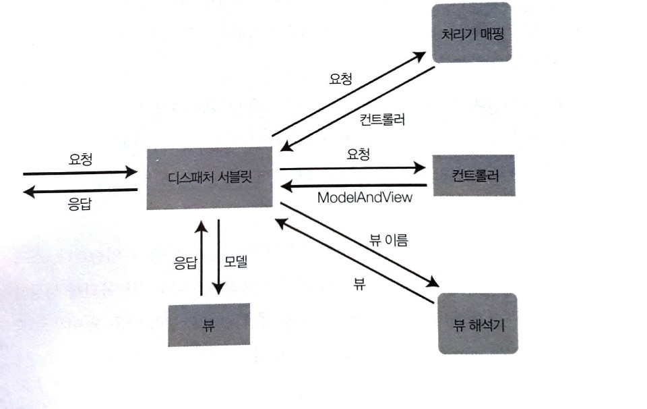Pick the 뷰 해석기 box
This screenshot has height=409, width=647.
pyautogui.click(x=476, y=323)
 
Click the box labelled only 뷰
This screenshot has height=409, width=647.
pyautogui.click(x=208, y=324)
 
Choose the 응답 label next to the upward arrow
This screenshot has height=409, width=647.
pyautogui.click(x=185, y=263)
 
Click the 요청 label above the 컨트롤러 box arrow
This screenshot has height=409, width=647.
pyautogui.click(x=358, y=155)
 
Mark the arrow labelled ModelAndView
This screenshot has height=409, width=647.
pyautogui.click(x=354, y=184)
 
